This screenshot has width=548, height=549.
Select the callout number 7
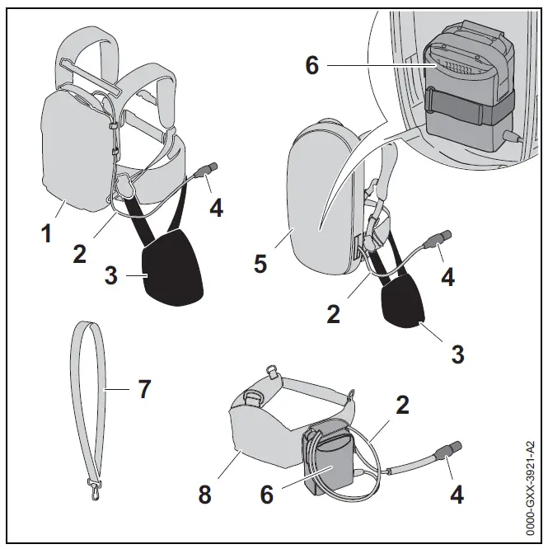(144, 388)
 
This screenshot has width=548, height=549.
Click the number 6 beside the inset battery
(312, 65)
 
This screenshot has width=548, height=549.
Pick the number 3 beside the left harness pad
(112, 276)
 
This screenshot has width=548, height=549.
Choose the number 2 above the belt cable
(403, 405)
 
